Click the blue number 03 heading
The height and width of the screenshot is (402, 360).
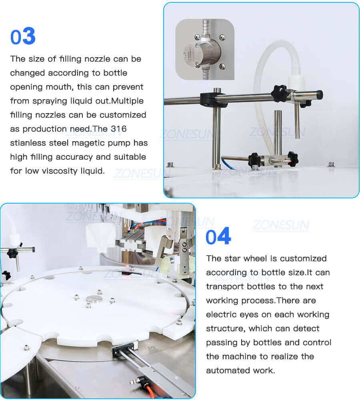click(x=23, y=37)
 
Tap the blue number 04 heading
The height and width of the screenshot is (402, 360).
click(x=218, y=237)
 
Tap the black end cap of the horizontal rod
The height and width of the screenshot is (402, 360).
click(x=319, y=94)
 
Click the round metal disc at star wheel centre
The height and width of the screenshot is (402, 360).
click(x=94, y=298)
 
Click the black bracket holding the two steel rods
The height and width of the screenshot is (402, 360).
click(x=120, y=350)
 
